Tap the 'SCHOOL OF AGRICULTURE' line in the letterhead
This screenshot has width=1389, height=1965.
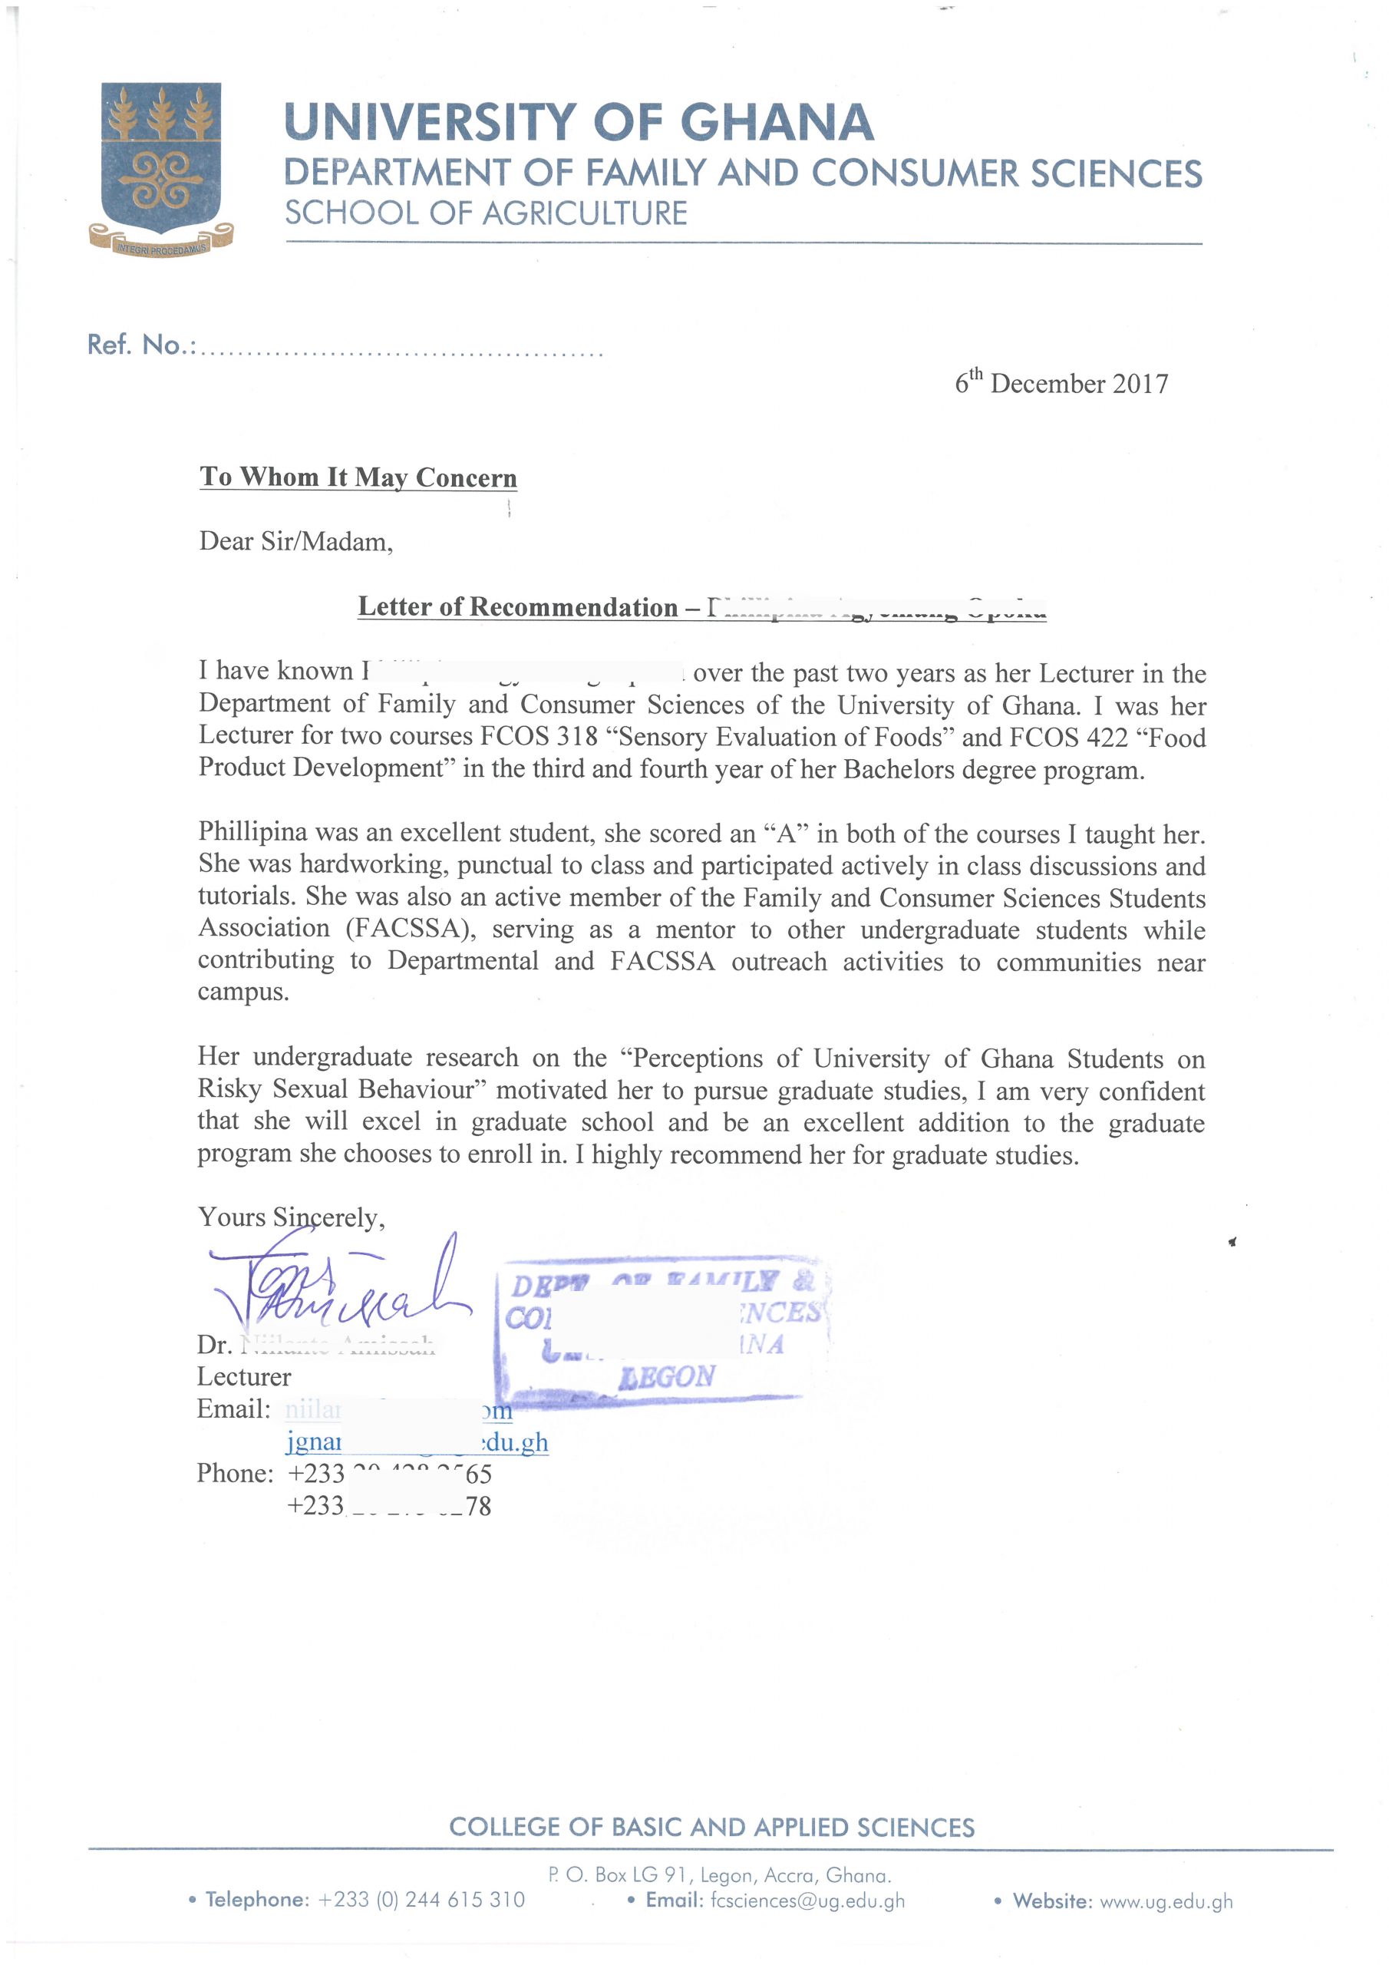[485, 213]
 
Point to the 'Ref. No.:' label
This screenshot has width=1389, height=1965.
[141, 345]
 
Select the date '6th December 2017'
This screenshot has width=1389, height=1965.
[1061, 382]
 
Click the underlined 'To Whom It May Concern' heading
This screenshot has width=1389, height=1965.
[358, 477]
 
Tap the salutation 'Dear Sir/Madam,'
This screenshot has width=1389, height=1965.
[295, 541]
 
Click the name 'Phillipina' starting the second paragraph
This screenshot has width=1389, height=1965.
[252, 832]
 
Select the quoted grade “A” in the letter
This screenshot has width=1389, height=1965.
[785, 833]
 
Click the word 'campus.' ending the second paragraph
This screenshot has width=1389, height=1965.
[243, 992]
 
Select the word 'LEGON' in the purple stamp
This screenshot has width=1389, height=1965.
[668, 1376]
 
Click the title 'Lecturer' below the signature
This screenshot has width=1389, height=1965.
[244, 1377]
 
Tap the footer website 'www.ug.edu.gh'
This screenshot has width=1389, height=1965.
[1166, 1901]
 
